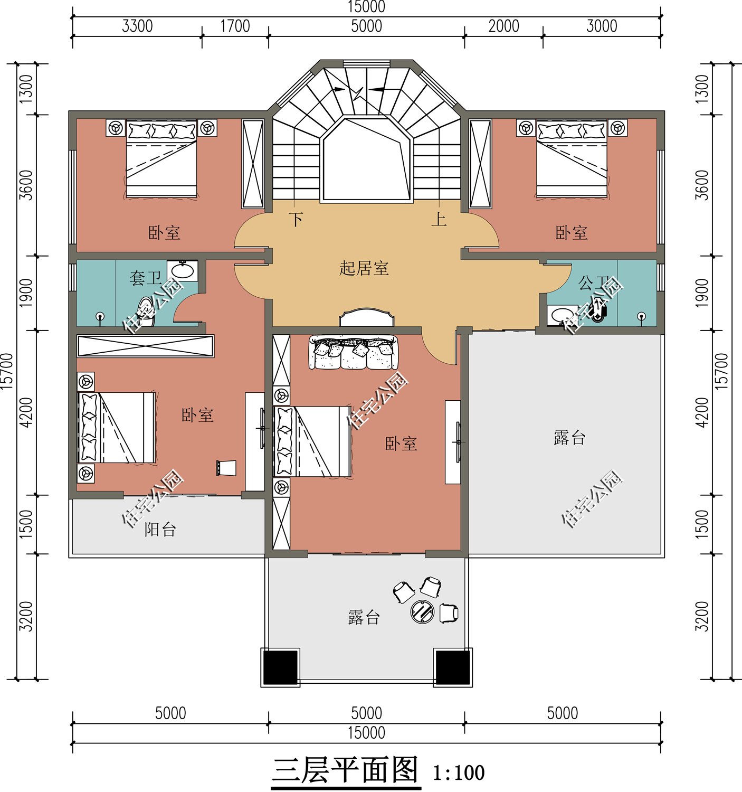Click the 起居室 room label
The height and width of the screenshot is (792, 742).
(364, 268)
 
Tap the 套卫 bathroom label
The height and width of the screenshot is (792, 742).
(146, 277)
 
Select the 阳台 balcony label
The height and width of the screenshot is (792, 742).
(160, 529)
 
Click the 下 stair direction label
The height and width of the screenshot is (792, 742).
(297, 219)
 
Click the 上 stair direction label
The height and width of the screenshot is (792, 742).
(439, 219)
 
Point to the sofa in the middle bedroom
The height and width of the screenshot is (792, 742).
(354, 353)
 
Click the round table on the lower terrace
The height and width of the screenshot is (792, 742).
(422, 612)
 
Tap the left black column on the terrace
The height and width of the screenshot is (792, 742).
(280, 667)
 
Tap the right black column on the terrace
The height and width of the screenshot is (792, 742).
(452, 667)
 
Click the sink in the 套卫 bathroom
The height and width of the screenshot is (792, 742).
(183, 270)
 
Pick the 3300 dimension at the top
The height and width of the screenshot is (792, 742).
(137, 26)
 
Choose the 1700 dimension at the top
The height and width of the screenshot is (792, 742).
(235, 26)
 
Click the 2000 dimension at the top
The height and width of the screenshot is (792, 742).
(503, 26)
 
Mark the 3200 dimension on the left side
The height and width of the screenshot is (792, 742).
(26, 616)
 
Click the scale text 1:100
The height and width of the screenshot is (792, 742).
(458, 773)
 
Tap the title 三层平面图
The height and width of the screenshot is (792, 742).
(346, 770)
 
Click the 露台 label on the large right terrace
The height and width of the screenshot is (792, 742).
(569, 438)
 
